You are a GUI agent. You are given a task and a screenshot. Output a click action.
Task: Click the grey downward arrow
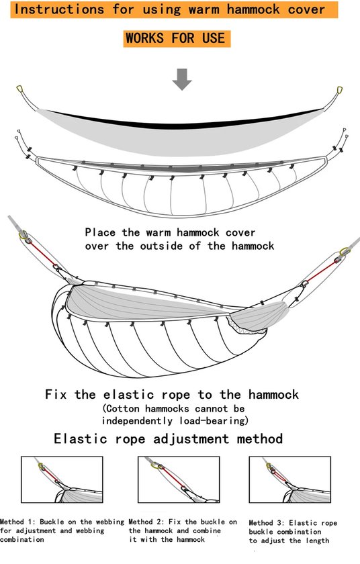(x=182, y=79)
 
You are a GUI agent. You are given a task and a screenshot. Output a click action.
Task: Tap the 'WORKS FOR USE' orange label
(x=177, y=38)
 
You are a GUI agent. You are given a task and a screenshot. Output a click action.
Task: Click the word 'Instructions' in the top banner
(x=59, y=9)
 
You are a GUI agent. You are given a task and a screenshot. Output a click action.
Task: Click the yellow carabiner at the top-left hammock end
(x=20, y=89)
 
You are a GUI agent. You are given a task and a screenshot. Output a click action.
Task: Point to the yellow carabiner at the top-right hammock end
(x=339, y=89)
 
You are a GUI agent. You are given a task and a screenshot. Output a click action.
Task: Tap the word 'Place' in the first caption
(x=100, y=232)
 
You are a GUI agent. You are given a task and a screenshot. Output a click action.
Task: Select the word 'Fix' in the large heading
(x=56, y=395)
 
